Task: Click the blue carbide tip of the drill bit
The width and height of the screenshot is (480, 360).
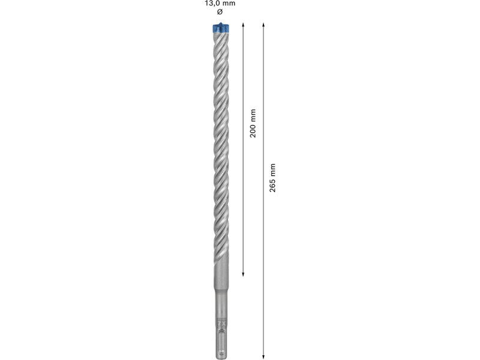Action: tap(221, 28)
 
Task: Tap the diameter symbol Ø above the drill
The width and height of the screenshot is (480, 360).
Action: tap(220, 12)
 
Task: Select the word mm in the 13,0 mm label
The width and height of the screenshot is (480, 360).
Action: tap(229, 4)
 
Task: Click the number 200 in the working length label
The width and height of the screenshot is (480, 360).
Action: tap(253, 130)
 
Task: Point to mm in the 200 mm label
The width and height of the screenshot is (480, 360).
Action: tap(253, 115)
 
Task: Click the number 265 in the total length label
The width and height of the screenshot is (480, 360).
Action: tap(272, 185)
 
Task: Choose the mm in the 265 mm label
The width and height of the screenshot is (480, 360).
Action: tap(272, 170)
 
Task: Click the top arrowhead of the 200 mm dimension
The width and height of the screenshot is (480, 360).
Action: tap(243, 24)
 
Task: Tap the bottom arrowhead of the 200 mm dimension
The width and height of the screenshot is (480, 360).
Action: tap(243, 275)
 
